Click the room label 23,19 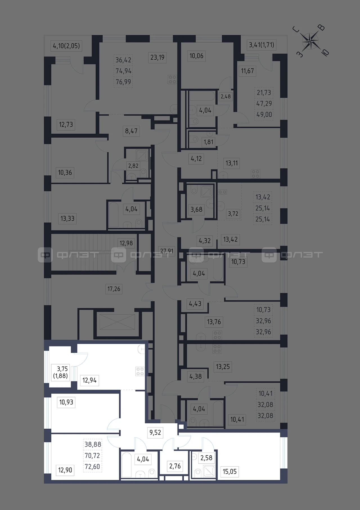pyautogui.click(x=157, y=57)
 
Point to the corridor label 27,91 pyautogui.click(x=167, y=251)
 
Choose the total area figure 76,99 pyautogui.click(x=123, y=82)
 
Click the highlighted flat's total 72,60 pyautogui.click(x=93, y=466)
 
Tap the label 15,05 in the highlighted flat pyautogui.click(x=229, y=471)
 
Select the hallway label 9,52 pyautogui.click(x=155, y=432)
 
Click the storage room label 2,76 pyautogui.click(x=175, y=466)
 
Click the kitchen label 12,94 pyautogui.click(x=89, y=381)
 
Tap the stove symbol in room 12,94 pyautogui.click(x=140, y=371)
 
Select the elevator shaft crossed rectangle pyautogui.click(x=117, y=322)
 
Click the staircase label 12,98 pyautogui.click(x=126, y=243)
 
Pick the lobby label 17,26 pyautogui.click(x=114, y=289)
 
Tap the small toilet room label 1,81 pyautogui.click(x=208, y=142)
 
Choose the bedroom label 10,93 pyautogui.click(x=66, y=402)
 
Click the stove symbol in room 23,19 pyautogui.click(x=172, y=79)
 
